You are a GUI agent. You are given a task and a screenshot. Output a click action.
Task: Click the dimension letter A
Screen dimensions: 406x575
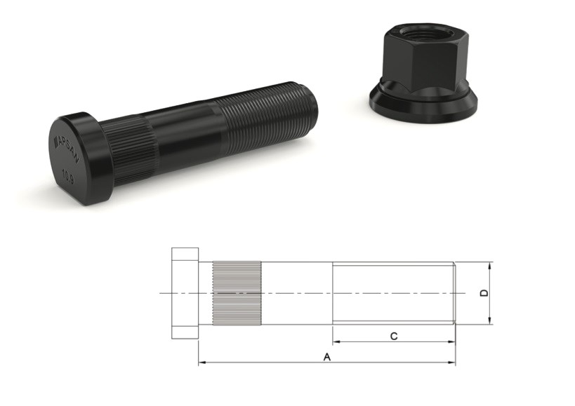coord(326,357)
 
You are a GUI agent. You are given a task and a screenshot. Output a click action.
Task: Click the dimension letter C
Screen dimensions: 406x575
coord(394,337)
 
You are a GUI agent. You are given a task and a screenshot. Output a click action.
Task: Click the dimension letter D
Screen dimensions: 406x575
coord(484,293)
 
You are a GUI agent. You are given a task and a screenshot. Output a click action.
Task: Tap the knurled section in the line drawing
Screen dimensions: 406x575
coord(237,293)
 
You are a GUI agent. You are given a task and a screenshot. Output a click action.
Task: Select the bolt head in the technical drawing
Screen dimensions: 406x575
coord(185,293)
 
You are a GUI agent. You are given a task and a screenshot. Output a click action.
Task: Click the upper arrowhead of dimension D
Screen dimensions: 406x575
coord(490,265)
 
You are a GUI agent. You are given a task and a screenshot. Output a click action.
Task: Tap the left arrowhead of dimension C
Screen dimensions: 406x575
coord(336,342)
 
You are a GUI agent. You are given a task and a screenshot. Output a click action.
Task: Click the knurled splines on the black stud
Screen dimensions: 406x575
coord(130,151)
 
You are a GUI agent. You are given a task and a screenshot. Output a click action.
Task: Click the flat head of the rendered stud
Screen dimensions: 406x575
coord(74,158)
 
